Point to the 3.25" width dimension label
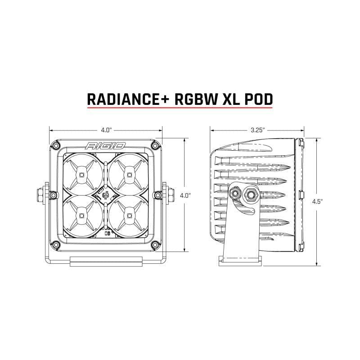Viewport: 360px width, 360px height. coord(257,130)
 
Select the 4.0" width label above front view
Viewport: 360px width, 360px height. coord(106,130)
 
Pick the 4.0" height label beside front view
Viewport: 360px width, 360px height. coord(184,196)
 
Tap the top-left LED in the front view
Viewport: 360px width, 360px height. coord(82,174)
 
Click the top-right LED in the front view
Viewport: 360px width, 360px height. coord(130,174)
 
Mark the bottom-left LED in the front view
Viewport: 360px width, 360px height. coord(82,216)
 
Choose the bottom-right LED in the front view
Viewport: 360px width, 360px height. coord(130,216)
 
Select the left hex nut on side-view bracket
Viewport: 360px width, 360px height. coord(234,193)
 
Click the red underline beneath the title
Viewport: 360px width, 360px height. coord(180,108)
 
